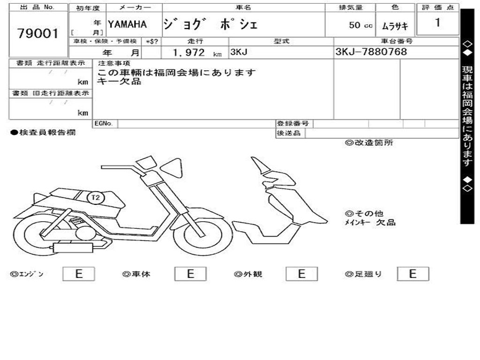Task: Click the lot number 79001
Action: (38, 33)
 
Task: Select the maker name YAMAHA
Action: (127, 24)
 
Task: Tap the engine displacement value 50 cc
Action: (360, 25)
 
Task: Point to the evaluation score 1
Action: (437, 22)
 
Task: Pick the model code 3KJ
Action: (239, 52)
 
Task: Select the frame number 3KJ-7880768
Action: (371, 52)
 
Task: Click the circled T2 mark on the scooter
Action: (95, 198)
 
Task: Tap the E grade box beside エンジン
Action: (79, 274)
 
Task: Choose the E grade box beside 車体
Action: (190, 274)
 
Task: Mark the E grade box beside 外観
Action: (301, 274)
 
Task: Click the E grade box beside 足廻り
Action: (412, 274)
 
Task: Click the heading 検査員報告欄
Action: (43, 133)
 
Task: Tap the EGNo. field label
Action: (104, 124)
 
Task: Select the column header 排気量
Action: (350, 7)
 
